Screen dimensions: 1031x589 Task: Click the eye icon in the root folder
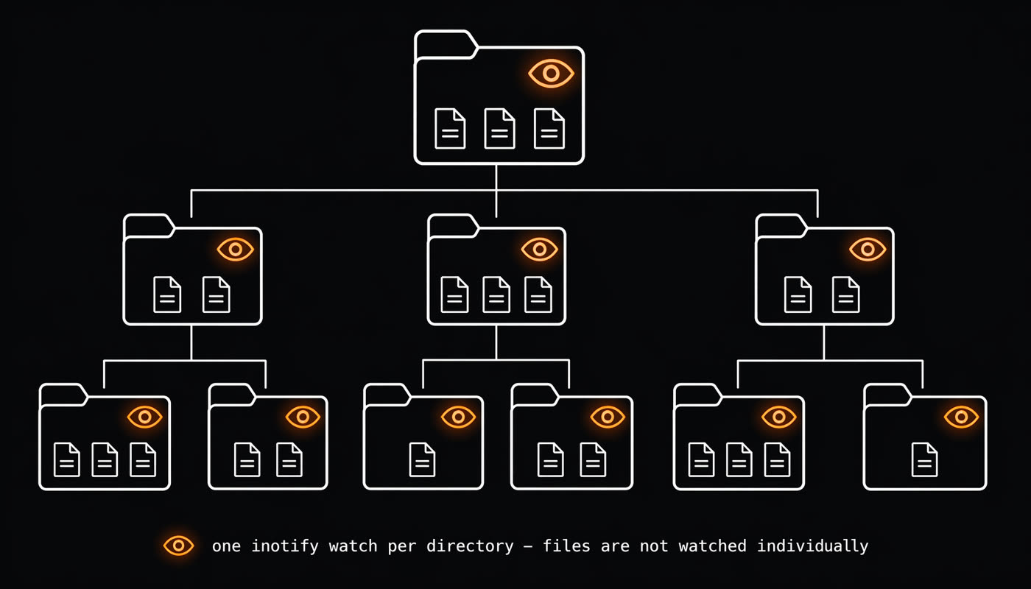551,74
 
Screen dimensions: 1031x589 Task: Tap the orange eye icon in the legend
178,546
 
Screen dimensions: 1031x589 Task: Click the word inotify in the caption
285,546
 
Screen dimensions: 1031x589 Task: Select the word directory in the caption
470,546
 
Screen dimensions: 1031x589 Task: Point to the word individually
813,546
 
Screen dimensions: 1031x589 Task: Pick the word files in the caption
566,546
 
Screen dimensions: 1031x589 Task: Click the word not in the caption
654,546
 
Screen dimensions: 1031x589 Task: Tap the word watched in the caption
713,546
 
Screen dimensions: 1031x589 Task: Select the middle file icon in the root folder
500,129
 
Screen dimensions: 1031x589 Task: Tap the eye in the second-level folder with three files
539,250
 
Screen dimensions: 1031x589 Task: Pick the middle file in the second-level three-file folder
496,294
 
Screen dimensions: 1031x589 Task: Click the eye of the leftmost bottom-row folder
145,417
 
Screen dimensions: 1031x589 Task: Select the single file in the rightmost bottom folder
925,459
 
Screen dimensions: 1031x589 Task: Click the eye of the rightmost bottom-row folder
962,417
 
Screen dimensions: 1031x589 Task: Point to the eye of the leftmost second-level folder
235,250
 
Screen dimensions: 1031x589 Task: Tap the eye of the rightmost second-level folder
868,250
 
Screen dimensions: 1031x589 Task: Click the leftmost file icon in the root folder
450,129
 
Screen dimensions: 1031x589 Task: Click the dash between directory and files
529,546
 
